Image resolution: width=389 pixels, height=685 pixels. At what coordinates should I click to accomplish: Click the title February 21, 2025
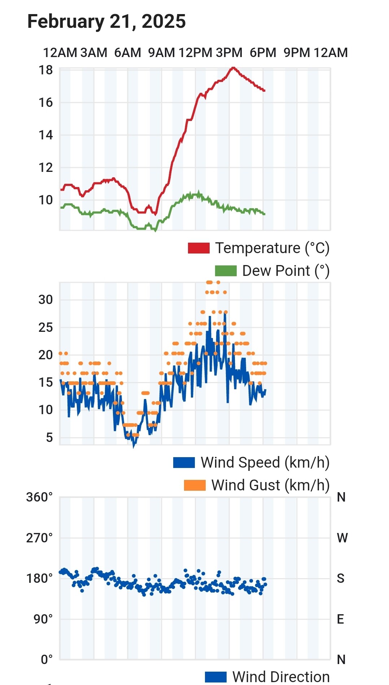(106, 22)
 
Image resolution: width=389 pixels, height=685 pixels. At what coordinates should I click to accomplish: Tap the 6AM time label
(127, 53)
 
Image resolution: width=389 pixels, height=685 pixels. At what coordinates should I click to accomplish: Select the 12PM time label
(195, 53)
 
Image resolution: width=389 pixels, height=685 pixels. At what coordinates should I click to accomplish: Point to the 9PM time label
(297, 53)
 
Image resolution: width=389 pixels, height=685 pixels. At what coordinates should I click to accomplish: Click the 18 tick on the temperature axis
(46, 70)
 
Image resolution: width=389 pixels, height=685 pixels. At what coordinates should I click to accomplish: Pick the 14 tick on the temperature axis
(46, 135)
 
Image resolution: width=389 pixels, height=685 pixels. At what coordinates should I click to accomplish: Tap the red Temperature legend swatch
(198, 248)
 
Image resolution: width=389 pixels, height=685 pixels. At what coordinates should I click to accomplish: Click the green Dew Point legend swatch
(226, 271)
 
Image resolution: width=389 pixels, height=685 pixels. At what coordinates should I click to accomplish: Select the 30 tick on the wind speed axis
(46, 300)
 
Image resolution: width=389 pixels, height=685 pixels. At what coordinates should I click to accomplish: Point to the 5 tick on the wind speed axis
(49, 438)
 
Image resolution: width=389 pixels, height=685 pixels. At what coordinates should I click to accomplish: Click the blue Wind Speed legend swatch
(184, 463)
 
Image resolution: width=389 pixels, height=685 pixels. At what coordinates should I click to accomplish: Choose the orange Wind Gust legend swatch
(194, 485)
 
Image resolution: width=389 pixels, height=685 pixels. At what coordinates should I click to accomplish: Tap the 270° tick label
(39, 538)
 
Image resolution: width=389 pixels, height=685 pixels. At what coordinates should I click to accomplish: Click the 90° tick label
(43, 619)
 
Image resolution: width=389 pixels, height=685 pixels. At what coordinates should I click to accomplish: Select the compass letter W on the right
(342, 538)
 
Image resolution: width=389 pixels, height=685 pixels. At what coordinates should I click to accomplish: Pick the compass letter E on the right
(340, 619)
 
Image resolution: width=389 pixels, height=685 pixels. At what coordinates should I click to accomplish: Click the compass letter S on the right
(340, 578)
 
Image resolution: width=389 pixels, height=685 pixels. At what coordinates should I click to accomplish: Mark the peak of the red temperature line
(233, 68)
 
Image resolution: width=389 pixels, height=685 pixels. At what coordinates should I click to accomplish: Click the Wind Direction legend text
(281, 677)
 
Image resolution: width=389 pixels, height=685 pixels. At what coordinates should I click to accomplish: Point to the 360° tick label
(39, 497)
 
